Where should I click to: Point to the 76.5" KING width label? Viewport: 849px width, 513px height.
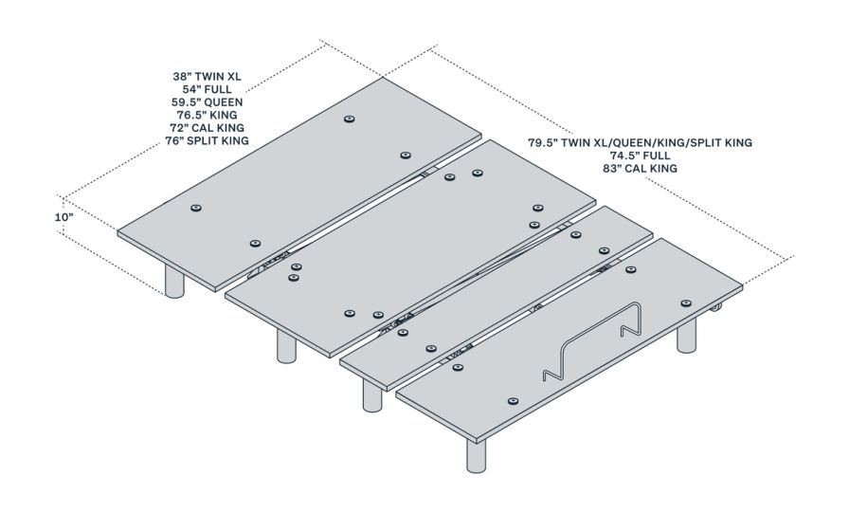(207, 114)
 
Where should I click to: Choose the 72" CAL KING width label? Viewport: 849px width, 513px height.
(207, 127)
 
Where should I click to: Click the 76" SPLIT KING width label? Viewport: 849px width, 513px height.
(207, 140)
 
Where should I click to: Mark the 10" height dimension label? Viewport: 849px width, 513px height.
(63, 216)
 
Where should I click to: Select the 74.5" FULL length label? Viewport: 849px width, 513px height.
(640, 156)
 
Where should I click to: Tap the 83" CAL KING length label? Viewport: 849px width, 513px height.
(640, 169)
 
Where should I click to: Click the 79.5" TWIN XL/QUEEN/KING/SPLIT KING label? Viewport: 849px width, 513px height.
(640, 142)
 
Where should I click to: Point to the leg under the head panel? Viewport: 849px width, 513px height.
(174, 281)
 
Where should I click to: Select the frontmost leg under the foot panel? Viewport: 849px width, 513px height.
(477, 455)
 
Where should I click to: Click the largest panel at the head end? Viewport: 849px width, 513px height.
(303, 180)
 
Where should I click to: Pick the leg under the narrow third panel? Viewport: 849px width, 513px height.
(372, 394)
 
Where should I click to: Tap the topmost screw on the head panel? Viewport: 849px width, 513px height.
(350, 119)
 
